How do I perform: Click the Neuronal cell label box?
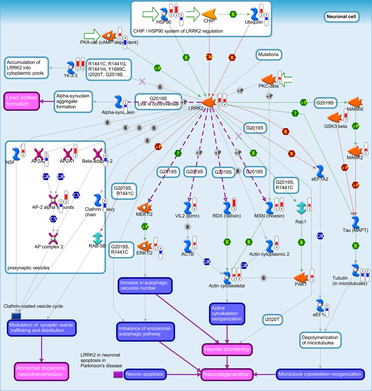pos(341,17)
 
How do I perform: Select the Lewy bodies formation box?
pos(22,101)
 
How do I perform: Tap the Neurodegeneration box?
pos(227,374)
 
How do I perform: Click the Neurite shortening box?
pos(227,349)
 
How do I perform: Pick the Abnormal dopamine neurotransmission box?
pos(41,371)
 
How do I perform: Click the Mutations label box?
pos(268,55)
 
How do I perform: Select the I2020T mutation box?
pos(272,320)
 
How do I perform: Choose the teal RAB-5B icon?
pos(97,238)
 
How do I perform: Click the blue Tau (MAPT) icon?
pos(355,222)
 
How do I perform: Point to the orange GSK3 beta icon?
pos(335,118)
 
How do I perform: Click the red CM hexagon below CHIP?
pos(209,57)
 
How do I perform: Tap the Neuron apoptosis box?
pos(145,374)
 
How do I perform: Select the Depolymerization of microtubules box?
pos(320,340)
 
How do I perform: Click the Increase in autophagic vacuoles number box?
pos(145,286)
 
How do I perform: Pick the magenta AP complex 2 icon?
pos(53,238)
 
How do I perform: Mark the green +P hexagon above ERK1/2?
pos(145,227)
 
